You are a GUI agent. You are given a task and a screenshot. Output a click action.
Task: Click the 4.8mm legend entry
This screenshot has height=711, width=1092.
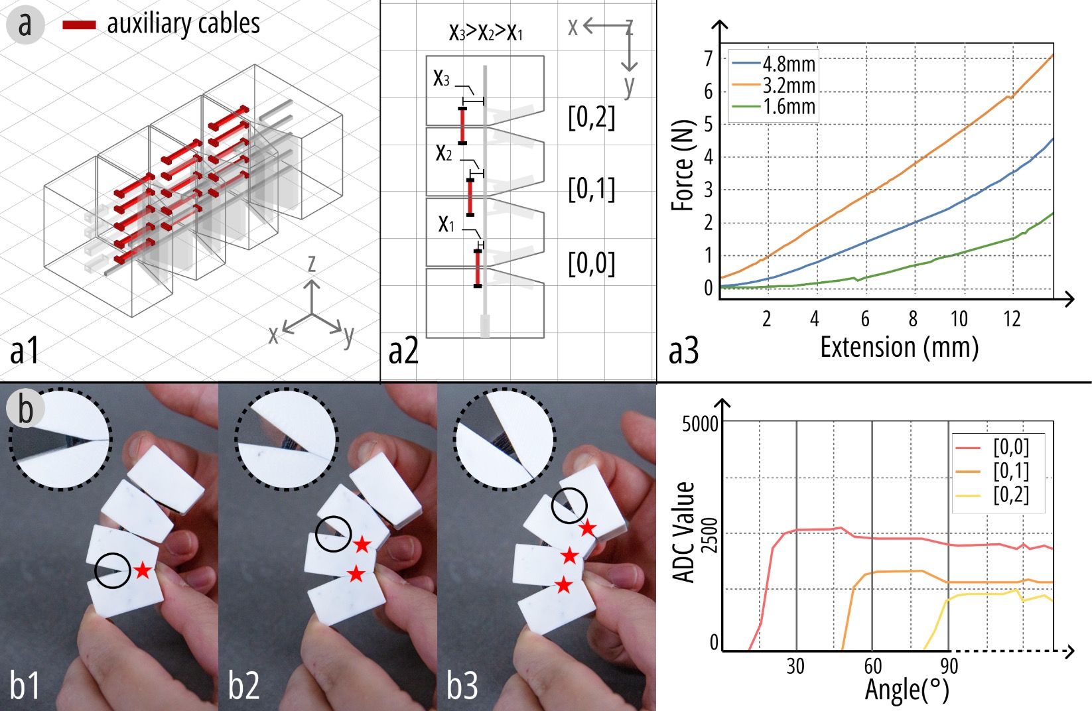click(x=774, y=64)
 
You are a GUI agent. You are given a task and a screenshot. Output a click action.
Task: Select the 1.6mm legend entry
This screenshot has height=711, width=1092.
click(x=774, y=107)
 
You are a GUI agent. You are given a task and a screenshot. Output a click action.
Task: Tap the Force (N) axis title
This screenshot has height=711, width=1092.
click(x=683, y=165)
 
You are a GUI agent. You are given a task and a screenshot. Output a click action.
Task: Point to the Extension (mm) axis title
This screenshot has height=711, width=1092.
click(x=900, y=348)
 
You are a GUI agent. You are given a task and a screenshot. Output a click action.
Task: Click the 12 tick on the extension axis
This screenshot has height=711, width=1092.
click(x=1012, y=319)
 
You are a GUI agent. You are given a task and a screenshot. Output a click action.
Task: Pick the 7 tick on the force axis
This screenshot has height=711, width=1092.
click(x=709, y=59)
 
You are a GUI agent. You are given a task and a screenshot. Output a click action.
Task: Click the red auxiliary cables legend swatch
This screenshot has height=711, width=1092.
click(x=80, y=25)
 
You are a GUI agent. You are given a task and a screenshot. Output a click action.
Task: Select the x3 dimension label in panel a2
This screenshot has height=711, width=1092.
click(x=441, y=78)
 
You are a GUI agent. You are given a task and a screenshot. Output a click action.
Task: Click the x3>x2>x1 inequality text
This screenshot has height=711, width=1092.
click(x=486, y=32)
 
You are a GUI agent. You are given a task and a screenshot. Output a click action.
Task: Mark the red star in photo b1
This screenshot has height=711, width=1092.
click(x=143, y=570)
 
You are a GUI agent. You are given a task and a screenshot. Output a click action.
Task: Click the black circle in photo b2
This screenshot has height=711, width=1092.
click(x=334, y=534)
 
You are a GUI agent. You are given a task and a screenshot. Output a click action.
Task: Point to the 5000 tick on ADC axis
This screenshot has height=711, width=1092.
click(x=700, y=424)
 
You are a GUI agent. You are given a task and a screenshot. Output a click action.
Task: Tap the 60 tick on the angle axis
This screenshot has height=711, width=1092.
click(x=872, y=666)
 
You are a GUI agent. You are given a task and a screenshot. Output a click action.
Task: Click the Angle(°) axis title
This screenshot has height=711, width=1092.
click(x=907, y=690)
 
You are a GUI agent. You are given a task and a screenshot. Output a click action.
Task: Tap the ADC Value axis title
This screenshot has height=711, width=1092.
click(x=683, y=532)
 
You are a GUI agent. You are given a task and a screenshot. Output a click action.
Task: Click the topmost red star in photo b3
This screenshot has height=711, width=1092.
click(x=588, y=528)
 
